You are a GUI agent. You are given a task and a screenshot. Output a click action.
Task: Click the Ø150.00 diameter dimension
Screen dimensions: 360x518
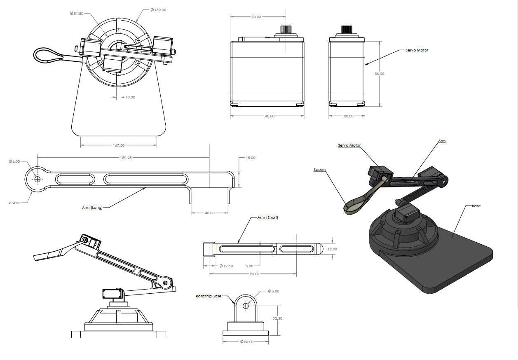coord(158,9)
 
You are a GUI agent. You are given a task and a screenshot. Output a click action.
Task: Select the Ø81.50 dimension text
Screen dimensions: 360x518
coord(77,14)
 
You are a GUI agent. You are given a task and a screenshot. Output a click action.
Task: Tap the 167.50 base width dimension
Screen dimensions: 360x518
coord(118,145)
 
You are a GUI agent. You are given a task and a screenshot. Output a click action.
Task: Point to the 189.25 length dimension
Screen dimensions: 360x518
coord(124,157)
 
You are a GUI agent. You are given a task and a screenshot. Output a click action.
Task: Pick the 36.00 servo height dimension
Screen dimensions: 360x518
coord(379,74)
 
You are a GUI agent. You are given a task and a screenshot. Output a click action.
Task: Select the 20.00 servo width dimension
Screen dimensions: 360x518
coord(348,116)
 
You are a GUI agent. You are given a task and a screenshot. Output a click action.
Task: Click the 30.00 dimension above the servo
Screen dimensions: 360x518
coord(256,17)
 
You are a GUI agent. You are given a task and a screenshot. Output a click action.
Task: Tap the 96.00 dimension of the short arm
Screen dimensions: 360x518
coord(255,274)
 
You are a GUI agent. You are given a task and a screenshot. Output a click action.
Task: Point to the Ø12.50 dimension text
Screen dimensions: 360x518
coord(226,266)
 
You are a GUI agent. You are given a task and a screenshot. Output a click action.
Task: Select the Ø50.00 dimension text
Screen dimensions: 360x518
coord(247,341)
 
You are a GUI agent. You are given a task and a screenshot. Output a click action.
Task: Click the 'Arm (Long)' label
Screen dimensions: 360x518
coord(92,208)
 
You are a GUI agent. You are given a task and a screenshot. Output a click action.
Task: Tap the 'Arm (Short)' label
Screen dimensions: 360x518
coord(267,217)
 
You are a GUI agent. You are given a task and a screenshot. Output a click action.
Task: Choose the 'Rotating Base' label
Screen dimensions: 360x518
coord(209,296)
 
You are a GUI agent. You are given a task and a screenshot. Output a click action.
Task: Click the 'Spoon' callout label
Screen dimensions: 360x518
coord(319,169)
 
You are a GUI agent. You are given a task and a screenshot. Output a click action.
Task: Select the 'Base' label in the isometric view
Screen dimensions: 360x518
coord(476,206)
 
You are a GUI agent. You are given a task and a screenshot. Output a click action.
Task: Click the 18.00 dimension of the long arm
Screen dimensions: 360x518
coord(250,158)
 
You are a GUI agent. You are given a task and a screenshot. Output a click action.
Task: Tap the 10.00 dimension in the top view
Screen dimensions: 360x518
coord(130,97)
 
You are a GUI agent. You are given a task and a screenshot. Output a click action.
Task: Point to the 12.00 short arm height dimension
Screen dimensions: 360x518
coord(332,249)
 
